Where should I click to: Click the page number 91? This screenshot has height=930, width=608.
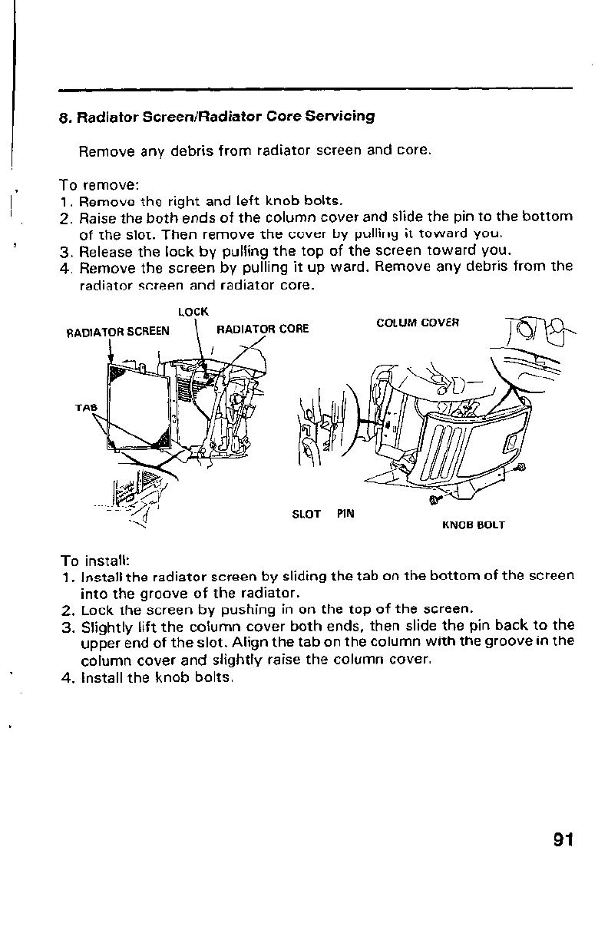(563, 839)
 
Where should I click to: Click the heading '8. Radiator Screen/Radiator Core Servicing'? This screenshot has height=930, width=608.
(216, 117)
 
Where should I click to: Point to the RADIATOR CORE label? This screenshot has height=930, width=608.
(263, 329)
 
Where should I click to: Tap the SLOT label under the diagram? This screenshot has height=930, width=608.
(306, 514)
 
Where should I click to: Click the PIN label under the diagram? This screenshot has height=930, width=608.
(345, 514)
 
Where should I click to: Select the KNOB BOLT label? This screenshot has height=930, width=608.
(473, 526)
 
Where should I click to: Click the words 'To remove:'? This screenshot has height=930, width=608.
(99, 185)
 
